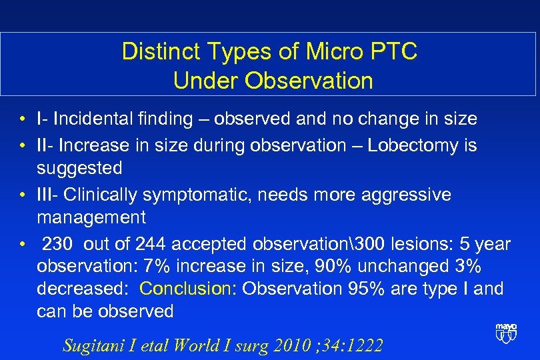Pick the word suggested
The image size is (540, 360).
pyautogui.click(x=79, y=168)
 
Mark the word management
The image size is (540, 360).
pyautogui.click(x=91, y=217)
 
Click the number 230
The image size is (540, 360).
pyautogui.click(x=60, y=244)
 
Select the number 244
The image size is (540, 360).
pyautogui.click(x=153, y=244)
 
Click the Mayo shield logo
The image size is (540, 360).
pyautogui.click(x=505, y=332)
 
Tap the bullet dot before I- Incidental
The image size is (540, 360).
pyautogui.click(x=23, y=120)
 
